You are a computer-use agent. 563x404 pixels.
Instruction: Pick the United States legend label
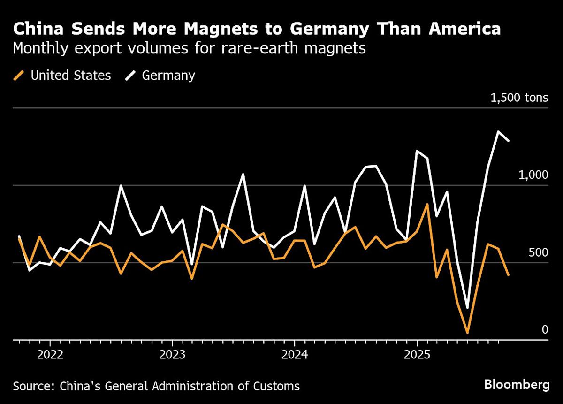pos(70,76)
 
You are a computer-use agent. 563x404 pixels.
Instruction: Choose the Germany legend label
pos(168,76)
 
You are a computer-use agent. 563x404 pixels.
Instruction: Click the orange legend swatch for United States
pos(19,76)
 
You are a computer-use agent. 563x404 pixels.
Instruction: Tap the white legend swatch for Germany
pos(131,76)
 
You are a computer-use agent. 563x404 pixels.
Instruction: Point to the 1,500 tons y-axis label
pos(519,98)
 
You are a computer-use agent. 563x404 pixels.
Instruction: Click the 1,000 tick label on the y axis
pos(533,175)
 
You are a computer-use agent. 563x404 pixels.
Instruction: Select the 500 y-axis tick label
pos(538,252)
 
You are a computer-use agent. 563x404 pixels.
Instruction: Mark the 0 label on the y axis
pos(545,329)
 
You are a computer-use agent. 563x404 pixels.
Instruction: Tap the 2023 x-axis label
pos(172,354)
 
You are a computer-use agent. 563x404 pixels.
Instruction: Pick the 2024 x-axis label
pos(295,354)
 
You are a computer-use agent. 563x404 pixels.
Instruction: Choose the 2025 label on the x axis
pos(417,354)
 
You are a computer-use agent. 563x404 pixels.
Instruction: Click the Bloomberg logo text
pos(517,385)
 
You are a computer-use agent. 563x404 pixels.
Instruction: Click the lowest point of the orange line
pos(467,333)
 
